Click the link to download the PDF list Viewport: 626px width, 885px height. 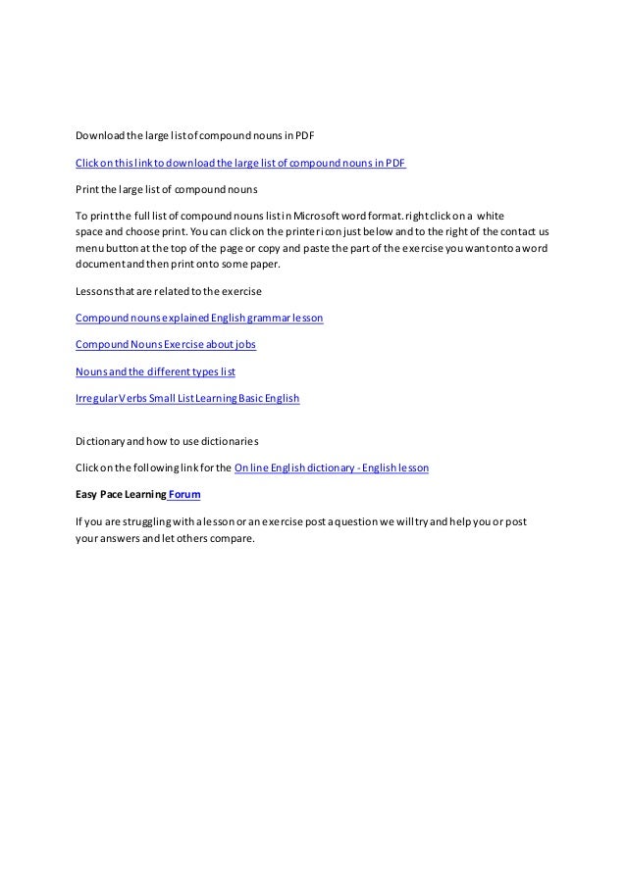tap(241, 162)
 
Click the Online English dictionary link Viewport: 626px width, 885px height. tap(332, 467)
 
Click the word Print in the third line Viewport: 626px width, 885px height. tap(86, 188)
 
